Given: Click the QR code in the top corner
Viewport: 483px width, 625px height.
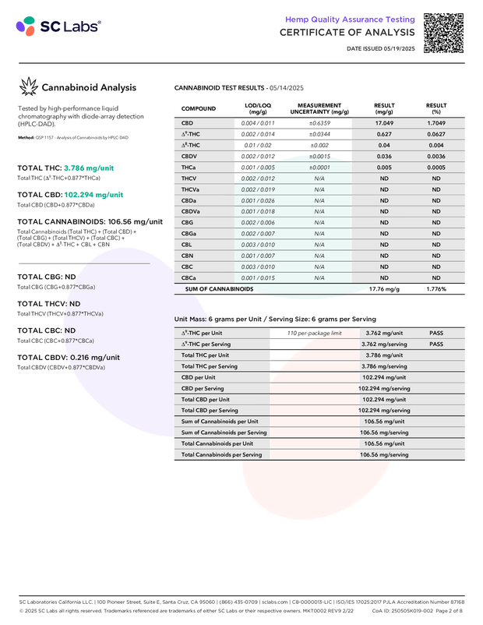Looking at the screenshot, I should (x=443, y=32).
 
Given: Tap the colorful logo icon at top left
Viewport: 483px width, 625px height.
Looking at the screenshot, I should (x=26, y=27).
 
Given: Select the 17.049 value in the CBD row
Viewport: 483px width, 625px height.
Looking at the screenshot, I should (x=383, y=123).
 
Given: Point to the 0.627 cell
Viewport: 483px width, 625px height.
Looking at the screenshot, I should (x=383, y=134).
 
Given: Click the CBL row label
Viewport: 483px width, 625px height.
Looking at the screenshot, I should (x=187, y=244).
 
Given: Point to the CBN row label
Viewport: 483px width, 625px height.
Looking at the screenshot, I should (x=188, y=255).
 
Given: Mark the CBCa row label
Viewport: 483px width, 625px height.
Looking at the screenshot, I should (x=189, y=277).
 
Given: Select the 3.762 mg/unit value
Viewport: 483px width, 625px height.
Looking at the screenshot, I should (x=383, y=333).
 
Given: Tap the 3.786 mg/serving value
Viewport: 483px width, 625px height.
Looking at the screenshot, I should (x=384, y=366).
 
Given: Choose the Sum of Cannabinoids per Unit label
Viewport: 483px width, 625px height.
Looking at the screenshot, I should (x=220, y=422).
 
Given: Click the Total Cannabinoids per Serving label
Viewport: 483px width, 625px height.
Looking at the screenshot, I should (x=221, y=454).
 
